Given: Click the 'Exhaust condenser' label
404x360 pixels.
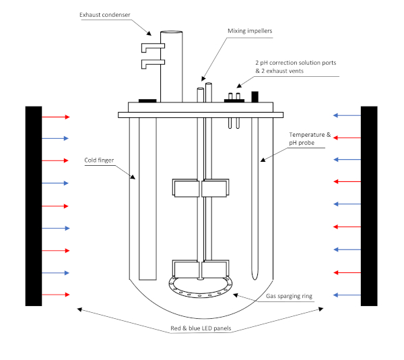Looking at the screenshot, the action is pyautogui.click(x=104, y=15).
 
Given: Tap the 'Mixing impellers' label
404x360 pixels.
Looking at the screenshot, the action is pyautogui.click(x=250, y=31).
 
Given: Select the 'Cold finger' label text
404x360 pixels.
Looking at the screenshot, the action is pyautogui.click(x=99, y=160).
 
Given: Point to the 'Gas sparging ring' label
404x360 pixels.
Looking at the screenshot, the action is pyautogui.click(x=289, y=296).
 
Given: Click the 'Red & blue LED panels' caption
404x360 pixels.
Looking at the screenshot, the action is pyautogui.click(x=201, y=328).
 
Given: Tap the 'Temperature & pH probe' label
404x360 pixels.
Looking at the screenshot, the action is pyautogui.click(x=310, y=138).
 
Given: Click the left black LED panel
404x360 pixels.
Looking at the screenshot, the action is pyautogui.click(x=34, y=206).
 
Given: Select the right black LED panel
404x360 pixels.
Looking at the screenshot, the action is pyautogui.click(x=369, y=206).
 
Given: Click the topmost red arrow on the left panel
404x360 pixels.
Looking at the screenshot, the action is pyautogui.click(x=56, y=117).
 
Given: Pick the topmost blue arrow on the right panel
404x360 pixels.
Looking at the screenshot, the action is pyautogui.click(x=347, y=115).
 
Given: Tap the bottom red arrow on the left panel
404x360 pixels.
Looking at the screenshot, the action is pyautogui.click(x=56, y=295).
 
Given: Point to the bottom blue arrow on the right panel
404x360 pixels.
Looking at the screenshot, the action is pyautogui.click(x=347, y=295).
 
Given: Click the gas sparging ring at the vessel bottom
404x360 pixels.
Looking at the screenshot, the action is pyautogui.click(x=200, y=296).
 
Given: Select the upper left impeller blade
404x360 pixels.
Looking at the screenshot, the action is pyautogui.click(x=186, y=188).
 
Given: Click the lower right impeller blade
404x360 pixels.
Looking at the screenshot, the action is pyautogui.click(x=215, y=269).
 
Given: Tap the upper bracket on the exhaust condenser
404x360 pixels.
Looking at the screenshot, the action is pyautogui.click(x=153, y=47).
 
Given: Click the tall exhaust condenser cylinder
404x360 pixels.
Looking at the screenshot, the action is pyautogui.click(x=171, y=67).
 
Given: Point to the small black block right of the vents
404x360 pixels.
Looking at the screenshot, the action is pyautogui.click(x=255, y=96).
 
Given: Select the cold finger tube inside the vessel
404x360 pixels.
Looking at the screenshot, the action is pyautogui.click(x=147, y=199).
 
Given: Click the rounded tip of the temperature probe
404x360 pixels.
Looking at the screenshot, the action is pyautogui.click(x=255, y=278).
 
